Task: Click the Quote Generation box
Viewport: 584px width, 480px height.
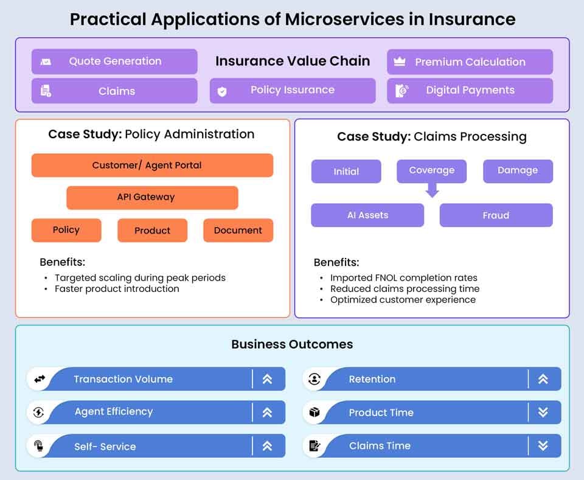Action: coord(114,61)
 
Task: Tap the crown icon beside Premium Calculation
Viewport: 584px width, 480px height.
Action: coord(400,61)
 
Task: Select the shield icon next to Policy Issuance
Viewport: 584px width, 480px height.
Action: coord(222,91)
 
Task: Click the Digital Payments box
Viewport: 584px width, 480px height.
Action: coord(470,91)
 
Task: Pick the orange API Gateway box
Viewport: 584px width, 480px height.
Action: coord(152,198)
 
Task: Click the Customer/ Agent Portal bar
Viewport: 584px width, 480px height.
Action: coord(152,165)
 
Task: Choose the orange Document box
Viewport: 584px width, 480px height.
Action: coord(238,231)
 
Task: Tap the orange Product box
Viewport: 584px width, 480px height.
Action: coord(152,231)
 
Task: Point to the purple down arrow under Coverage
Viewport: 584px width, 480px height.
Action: coord(432,190)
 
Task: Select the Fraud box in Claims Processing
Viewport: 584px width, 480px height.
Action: coord(496,215)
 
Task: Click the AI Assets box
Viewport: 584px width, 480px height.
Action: coord(367,215)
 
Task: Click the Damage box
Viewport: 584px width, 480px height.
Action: coord(518,171)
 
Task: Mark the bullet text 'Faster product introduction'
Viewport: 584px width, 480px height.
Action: coord(117,289)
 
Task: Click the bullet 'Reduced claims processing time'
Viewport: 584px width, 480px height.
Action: coord(405,289)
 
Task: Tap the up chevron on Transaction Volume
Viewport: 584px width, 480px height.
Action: coord(267,379)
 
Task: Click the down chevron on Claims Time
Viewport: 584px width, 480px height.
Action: coord(543,446)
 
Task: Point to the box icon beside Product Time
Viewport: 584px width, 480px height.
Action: coord(315,412)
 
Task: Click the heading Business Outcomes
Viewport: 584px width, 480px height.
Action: coord(292,344)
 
